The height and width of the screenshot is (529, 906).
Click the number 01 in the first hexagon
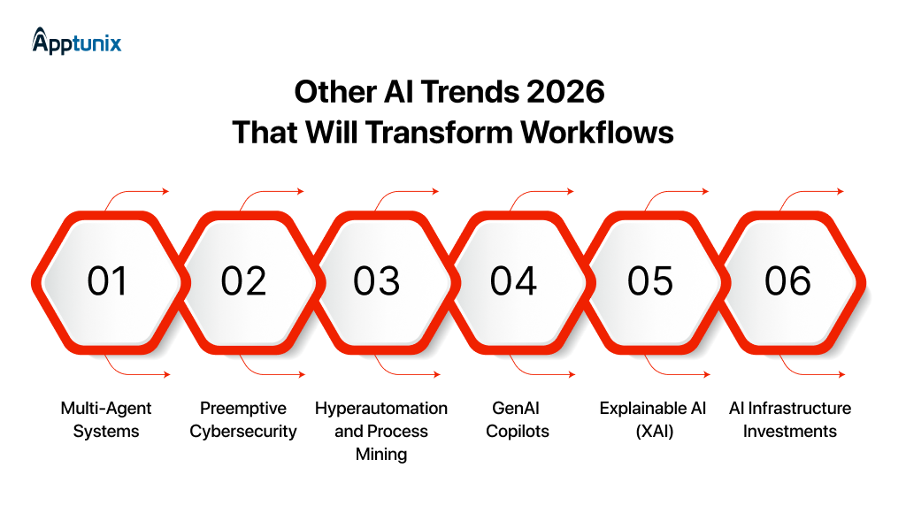point(107,281)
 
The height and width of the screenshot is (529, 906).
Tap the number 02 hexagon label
point(243,281)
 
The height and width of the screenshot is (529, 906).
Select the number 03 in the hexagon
point(377,281)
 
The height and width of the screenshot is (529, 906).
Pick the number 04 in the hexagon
point(514,281)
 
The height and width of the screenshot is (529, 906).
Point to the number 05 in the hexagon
point(650,281)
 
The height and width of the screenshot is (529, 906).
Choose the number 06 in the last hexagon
point(787,281)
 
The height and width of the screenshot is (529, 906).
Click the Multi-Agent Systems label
point(106,419)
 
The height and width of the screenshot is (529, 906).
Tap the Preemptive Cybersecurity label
point(243,419)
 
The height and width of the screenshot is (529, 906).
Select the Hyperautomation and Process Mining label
point(381,431)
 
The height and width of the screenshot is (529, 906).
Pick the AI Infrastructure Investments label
point(790,419)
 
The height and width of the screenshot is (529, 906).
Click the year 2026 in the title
point(564,92)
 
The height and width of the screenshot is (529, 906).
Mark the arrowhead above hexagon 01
point(165,191)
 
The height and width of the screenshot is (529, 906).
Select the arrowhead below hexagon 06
point(841,375)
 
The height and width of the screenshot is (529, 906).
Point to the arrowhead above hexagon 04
point(571,191)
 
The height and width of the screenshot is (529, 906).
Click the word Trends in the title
point(460,92)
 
